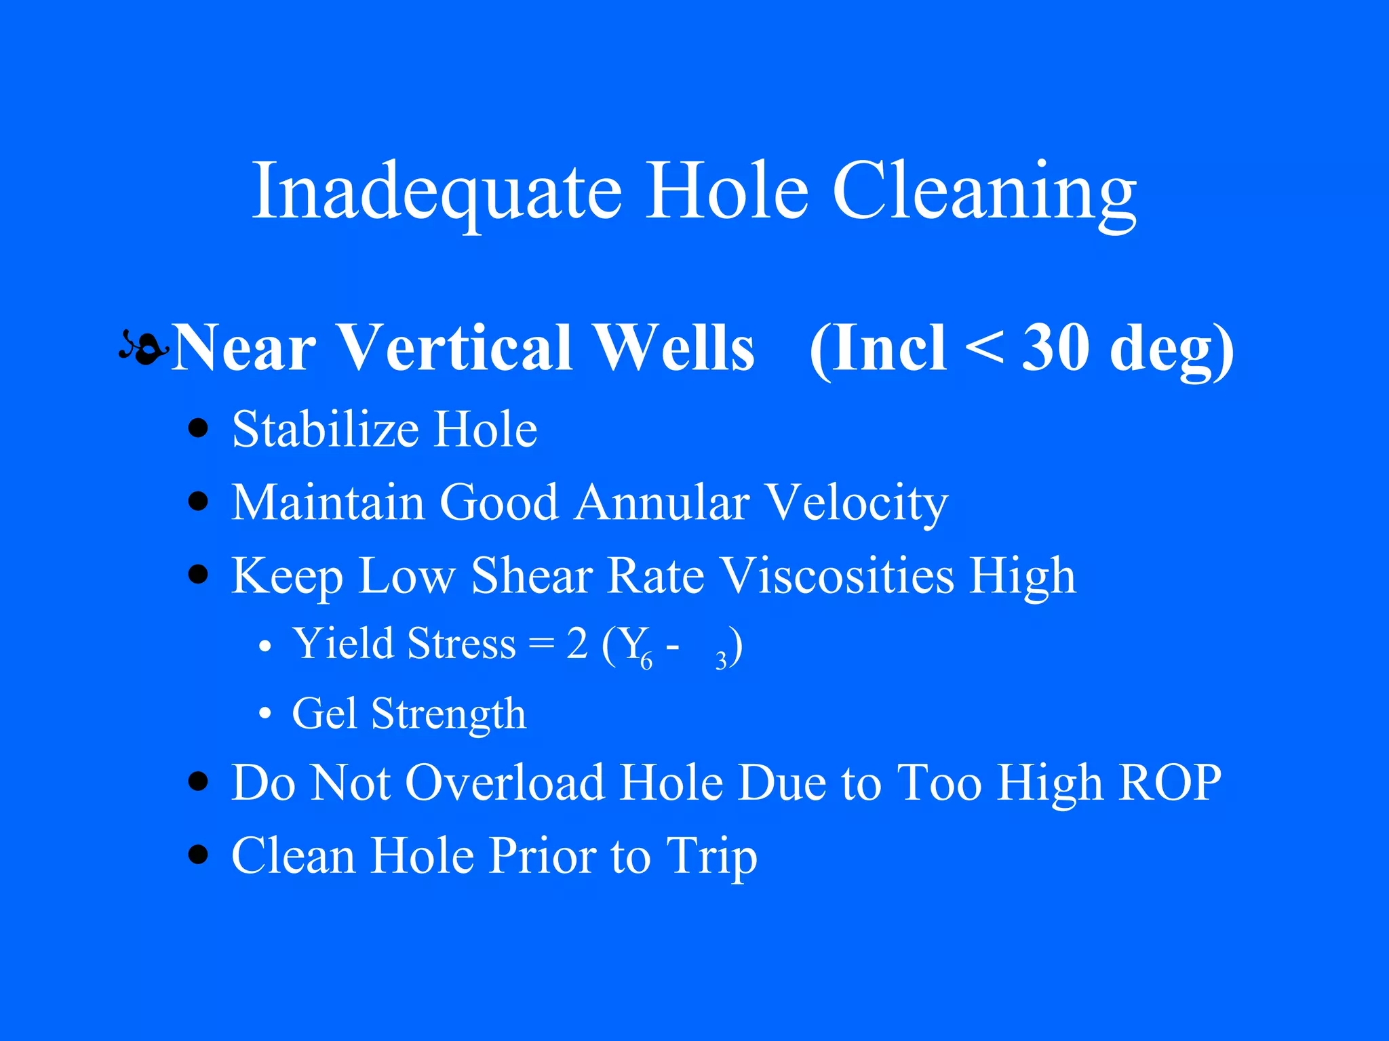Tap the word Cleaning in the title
pyautogui.click(x=984, y=192)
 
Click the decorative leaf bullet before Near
pyautogui.click(x=143, y=348)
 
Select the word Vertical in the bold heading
pyautogui.click(x=455, y=348)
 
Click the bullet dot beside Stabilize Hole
pyautogui.click(x=198, y=429)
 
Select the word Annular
pyautogui.click(x=663, y=503)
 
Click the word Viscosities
pyautogui.click(x=838, y=576)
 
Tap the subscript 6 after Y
pyautogui.click(x=646, y=661)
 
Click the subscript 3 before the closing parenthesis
pyautogui.click(x=721, y=661)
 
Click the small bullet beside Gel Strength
pyautogui.click(x=265, y=714)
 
